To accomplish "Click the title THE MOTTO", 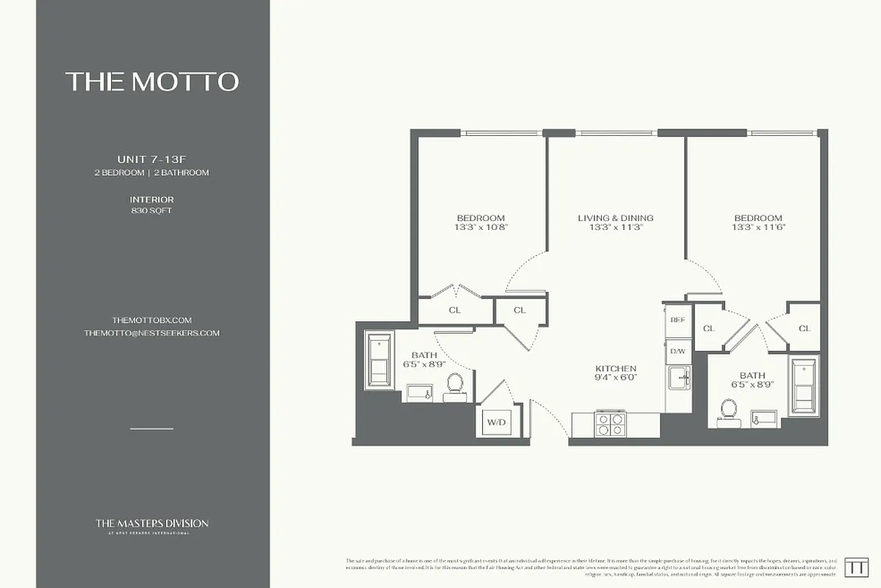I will (152, 82).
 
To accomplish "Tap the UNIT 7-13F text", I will (152, 159).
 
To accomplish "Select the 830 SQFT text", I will (152, 211).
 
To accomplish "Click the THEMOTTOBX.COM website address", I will (152, 320).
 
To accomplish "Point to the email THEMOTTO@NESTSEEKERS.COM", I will (152, 333).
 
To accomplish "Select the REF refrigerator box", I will (677, 320).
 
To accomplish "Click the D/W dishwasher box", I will (677, 351).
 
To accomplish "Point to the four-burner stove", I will (611, 425).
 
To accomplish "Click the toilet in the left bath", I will (455, 384).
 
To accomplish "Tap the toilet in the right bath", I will (728, 409).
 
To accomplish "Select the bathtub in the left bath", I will (380, 359).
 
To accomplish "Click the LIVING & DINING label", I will (616, 218).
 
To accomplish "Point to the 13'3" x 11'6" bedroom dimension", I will (758, 228).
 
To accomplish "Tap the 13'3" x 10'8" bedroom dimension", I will (481, 228).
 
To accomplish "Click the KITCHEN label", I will (616, 368).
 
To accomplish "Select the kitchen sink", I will (677, 379).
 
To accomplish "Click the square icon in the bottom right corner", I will (856, 567).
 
